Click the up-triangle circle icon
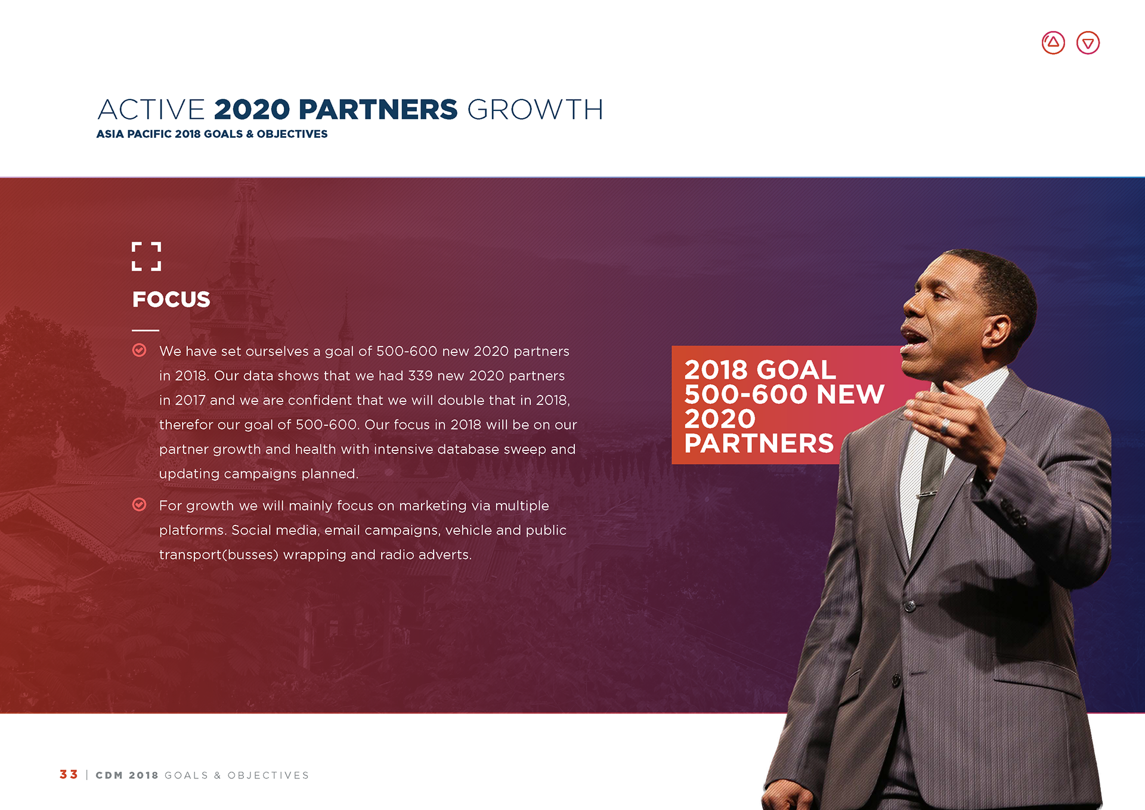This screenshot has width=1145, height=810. [x=1053, y=43]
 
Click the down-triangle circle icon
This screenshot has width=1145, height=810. [x=1088, y=43]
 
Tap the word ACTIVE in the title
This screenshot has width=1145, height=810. [x=151, y=110]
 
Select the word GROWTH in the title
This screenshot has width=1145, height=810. [x=535, y=110]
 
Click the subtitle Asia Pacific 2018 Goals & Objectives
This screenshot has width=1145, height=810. [x=212, y=134]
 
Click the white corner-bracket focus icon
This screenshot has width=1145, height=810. [x=146, y=256]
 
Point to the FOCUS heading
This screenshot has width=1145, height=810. [x=171, y=299]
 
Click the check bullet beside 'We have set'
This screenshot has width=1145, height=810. [x=139, y=350]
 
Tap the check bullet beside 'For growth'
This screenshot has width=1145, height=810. [x=139, y=505]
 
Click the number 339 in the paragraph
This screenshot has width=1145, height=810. [x=420, y=376]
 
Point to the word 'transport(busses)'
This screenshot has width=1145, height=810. [x=219, y=555]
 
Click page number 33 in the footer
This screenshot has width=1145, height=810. [x=69, y=774]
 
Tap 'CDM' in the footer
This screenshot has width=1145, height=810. [x=109, y=775]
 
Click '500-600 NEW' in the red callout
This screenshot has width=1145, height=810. [x=784, y=394]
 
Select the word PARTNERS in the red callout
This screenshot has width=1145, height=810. [x=759, y=443]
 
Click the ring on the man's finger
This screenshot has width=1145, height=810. [x=945, y=426]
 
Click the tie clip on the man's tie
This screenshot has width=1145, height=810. [x=927, y=493]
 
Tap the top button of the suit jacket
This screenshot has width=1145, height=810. [x=910, y=607]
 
